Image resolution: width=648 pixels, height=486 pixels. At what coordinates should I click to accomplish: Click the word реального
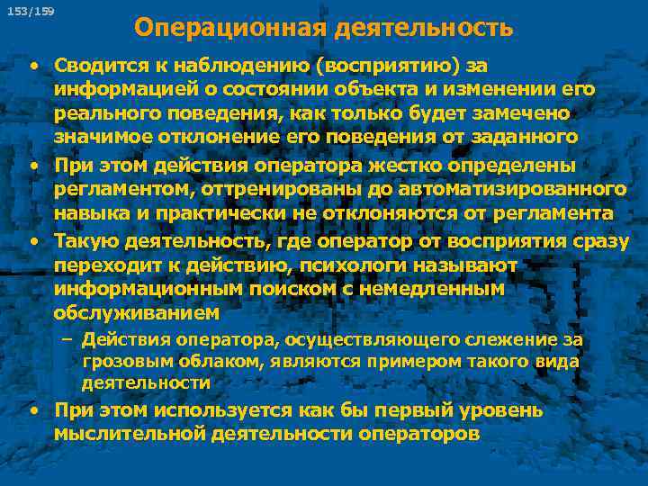[x=98, y=114]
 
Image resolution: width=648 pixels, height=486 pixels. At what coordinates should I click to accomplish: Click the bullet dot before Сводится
[x=32, y=65]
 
